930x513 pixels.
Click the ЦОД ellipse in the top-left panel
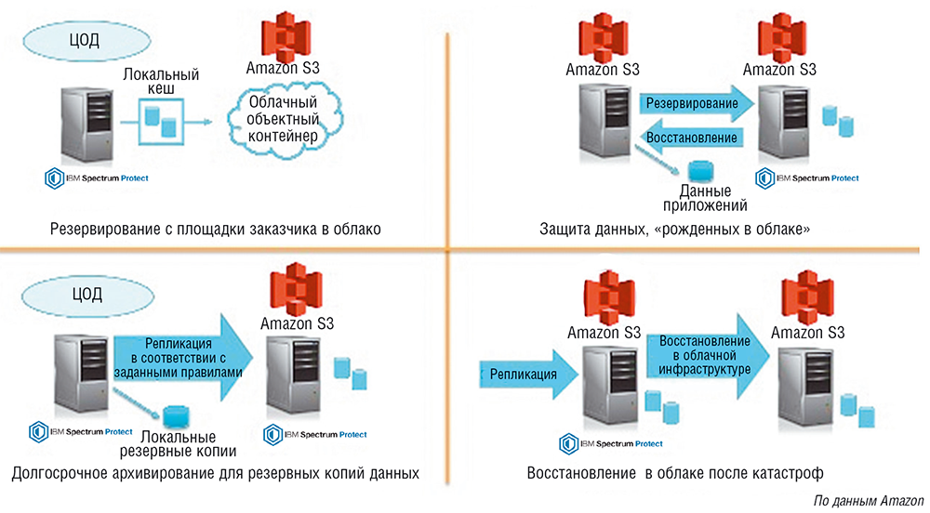(84, 40)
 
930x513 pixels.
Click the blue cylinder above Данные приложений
(697, 172)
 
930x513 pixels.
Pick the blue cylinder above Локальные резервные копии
(173, 418)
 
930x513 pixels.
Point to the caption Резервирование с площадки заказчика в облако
(216, 229)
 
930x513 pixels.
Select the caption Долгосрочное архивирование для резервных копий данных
(216, 473)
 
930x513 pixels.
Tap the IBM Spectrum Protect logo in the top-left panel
(97, 177)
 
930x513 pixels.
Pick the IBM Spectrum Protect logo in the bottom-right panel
(610, 443)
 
